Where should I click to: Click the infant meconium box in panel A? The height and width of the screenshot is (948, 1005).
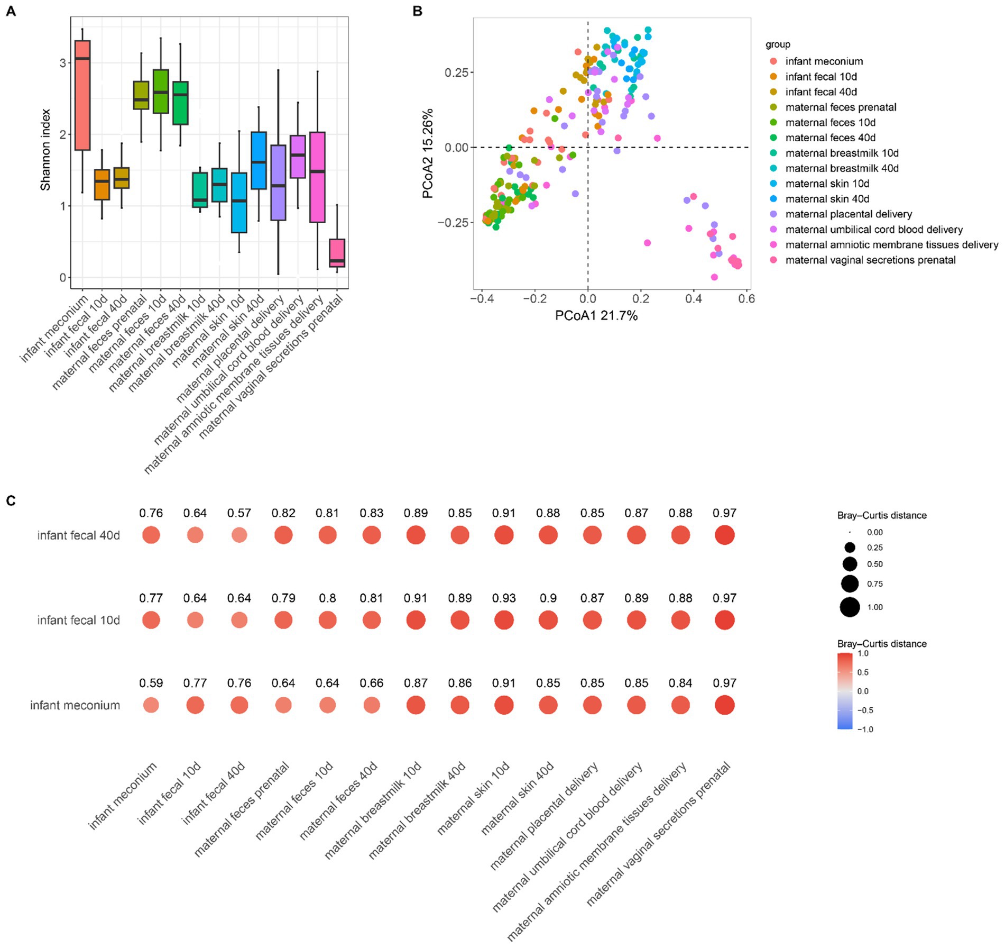click(82, 95)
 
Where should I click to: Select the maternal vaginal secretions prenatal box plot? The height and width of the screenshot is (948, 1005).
click(337, 253)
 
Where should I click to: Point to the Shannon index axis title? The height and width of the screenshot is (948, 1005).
click(45, 150)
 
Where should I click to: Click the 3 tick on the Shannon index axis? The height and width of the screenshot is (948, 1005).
click(63, 63)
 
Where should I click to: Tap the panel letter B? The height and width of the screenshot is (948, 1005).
click(417, 11)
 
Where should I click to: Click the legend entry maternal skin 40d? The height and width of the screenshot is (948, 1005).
click(827, 199)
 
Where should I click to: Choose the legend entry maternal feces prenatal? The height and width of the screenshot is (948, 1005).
click(841, 107)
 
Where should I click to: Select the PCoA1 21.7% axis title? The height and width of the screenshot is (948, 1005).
click(596, 316)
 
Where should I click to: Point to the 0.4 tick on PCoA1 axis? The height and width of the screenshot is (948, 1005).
click(694, 299)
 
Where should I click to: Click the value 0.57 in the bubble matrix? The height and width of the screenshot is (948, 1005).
click(239, 513)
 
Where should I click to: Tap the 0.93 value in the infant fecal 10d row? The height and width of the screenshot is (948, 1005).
click(503, 598)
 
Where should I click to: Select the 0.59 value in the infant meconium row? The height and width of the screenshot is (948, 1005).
click(151, 683)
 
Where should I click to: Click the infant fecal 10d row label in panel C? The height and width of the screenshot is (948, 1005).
click(78, 620)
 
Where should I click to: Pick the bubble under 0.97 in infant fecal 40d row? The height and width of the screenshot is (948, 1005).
click(724, 535)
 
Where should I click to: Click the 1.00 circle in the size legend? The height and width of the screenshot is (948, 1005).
click(850, 607)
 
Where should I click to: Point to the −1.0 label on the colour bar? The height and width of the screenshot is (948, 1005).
click(865, 729)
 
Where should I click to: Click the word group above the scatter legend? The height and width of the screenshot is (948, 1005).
click(778, 44)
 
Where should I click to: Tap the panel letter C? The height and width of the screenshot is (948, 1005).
click(11, 500)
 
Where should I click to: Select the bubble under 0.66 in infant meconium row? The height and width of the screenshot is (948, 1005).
click(372, 705)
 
